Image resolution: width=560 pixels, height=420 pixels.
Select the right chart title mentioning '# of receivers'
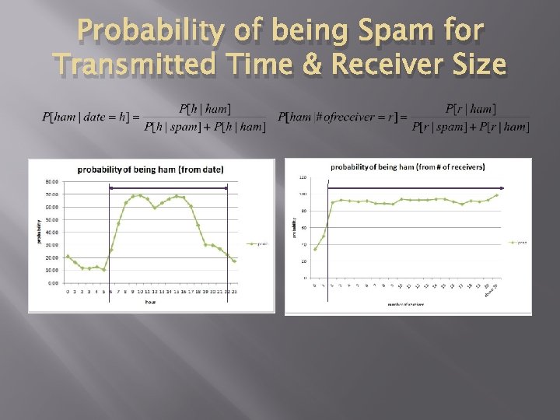[408, 166]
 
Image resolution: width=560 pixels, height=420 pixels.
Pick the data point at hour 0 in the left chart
[68, 256]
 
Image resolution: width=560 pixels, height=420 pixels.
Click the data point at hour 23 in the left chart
[234, 261]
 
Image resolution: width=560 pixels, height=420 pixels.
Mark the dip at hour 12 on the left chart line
[155, 208]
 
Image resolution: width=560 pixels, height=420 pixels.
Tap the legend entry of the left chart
[256, 243]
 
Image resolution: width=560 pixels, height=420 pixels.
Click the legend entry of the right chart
[518, 242]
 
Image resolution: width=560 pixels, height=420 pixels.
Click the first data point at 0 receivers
[315, 249]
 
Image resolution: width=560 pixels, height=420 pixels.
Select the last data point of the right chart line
[496, 195]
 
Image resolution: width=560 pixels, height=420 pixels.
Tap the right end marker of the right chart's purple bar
[502, 187]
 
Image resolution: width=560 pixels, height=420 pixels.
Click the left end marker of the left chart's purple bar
[110, 187]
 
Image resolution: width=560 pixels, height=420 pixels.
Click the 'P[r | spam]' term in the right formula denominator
[438, 127]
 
